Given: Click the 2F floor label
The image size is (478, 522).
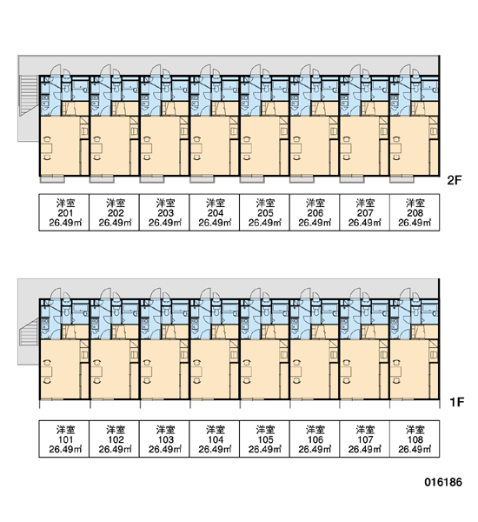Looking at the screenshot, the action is coord(455,180).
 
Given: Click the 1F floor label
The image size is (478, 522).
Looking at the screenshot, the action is coord(456,402).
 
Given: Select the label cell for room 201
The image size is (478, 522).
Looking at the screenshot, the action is coord(64,212).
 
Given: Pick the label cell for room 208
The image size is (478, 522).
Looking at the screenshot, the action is coord(415,212).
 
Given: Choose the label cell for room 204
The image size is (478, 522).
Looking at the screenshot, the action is coord(215,212).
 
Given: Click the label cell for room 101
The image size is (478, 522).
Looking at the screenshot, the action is coord(64,438).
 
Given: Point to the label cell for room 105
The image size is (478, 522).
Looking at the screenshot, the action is coord(264,438).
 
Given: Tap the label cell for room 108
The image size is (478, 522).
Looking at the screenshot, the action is coord(415,438).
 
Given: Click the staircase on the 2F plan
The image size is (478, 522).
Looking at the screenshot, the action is coord(29,95).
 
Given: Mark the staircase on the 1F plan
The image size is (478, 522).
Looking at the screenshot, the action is coord(29,331).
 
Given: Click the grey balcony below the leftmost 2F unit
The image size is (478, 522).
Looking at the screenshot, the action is coord(52,179).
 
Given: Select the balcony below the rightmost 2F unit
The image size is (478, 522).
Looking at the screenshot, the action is coord(402,179).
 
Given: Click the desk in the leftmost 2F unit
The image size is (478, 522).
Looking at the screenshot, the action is coord(48,149).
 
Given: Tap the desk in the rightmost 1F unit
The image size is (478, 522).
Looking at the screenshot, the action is coord(396,371).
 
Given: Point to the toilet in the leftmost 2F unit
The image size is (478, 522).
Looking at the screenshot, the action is coord(66,88).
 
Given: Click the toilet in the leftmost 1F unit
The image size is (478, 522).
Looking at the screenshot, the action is coord(66,311).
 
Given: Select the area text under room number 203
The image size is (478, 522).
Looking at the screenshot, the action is coord(164,223).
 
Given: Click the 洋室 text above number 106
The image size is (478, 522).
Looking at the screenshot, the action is coord(315,430).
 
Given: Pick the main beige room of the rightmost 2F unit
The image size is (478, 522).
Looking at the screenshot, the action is coord(409,146).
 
